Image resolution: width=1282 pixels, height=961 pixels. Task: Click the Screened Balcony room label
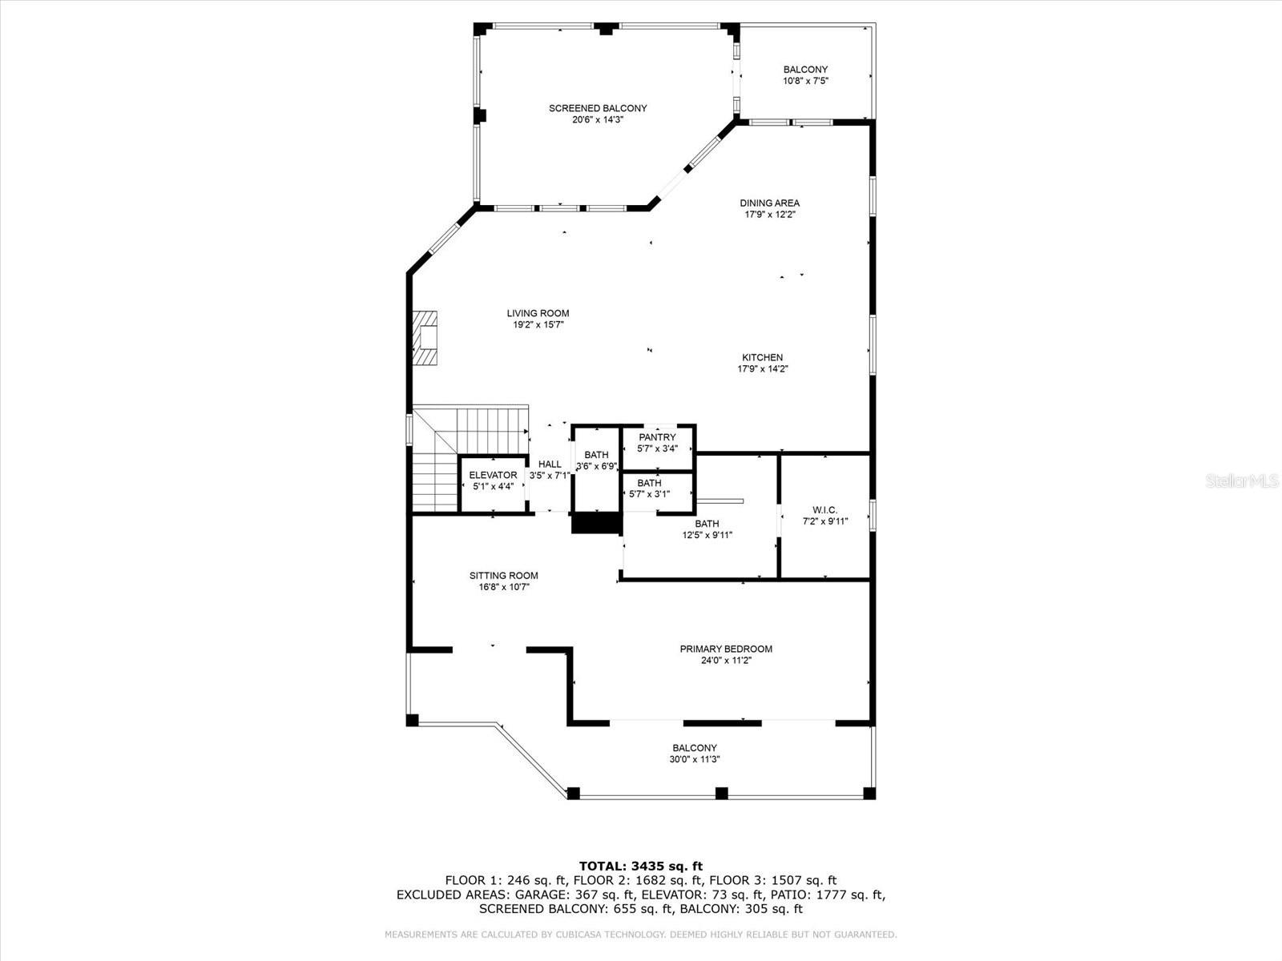coord(598,109)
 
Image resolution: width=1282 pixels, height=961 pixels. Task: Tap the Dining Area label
coord(769,203)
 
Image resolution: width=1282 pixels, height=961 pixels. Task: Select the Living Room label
coord(538,313)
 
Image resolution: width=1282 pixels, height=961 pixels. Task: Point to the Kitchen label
coord(762,358)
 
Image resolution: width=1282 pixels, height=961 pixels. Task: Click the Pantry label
coord(657,437)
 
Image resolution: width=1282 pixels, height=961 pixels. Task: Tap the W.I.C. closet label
coord(824,511)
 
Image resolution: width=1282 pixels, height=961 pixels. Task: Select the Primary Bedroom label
coord(726,649)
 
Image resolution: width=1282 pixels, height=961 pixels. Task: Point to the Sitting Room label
coord(503,576)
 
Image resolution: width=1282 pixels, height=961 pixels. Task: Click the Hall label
coord(550,464)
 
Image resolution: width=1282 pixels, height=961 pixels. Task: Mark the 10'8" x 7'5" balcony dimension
coord(805,81)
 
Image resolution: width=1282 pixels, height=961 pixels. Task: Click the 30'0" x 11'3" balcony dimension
coord(695,760)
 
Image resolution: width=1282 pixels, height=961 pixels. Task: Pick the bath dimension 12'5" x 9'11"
coord(707,535)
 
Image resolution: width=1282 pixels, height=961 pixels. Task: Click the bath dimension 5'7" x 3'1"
coord(649,494)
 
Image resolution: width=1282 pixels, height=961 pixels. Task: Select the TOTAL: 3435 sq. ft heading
coord(641,866)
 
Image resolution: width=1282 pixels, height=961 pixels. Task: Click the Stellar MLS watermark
coord(1242,480)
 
